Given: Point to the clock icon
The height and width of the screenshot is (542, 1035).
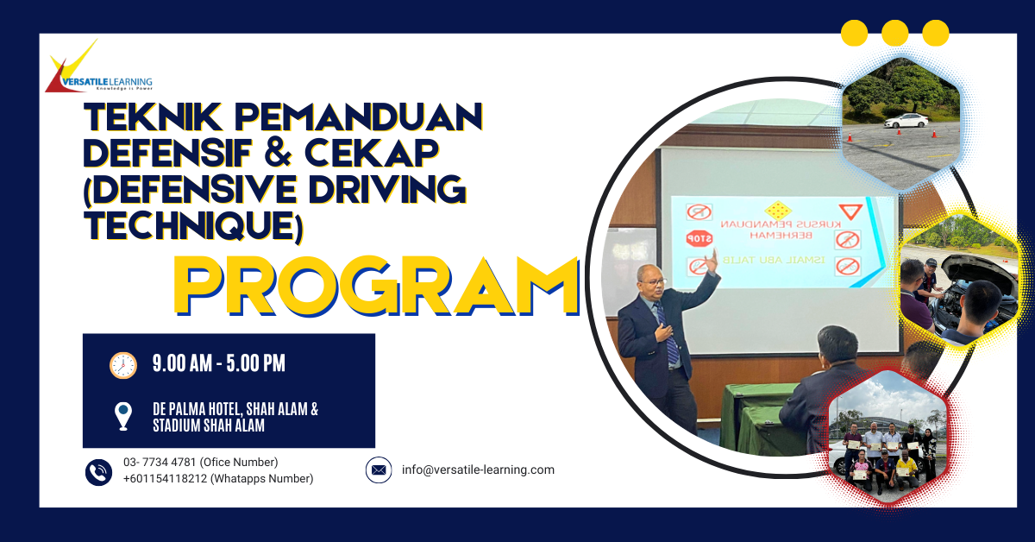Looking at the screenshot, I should [123, 365].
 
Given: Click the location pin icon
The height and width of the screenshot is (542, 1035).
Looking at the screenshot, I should [123, 416].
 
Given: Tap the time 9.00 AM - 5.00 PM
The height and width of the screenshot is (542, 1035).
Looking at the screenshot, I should [218, 364].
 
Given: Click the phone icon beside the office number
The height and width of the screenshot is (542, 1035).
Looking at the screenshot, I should [98, 471].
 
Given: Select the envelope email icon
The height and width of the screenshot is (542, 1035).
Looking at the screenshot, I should [378, 470].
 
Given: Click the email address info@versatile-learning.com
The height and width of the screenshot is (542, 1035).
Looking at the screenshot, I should [478, 470].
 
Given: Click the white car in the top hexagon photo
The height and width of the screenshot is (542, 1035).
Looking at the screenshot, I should [906, 121].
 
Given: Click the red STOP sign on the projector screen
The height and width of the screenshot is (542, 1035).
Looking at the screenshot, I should [698, 238].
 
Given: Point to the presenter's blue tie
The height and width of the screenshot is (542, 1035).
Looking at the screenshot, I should [669, 337].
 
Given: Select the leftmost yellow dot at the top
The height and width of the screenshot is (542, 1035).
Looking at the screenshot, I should [854, 34].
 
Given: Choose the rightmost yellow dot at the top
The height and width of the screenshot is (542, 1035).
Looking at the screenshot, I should [935, 34].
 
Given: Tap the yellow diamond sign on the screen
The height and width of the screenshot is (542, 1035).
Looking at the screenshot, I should [778, 210].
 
